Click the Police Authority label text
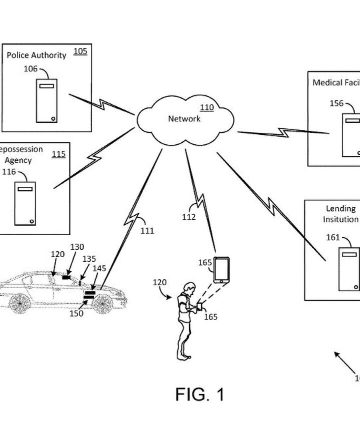point(36,55)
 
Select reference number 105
point(80,51)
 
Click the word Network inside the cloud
point(184,118)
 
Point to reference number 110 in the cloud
point(206,107)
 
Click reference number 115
point(58,154)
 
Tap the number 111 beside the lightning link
point(147,231)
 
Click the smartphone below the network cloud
point(221,270)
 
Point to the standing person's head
point(188,288)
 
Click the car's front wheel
point(102,303)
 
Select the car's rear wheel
point(19,303)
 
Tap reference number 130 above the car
point(77,247)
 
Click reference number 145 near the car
point(99,269)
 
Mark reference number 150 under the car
point(76,314)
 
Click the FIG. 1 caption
point(199,395)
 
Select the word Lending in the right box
point(340,208)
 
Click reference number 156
point(336,103)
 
